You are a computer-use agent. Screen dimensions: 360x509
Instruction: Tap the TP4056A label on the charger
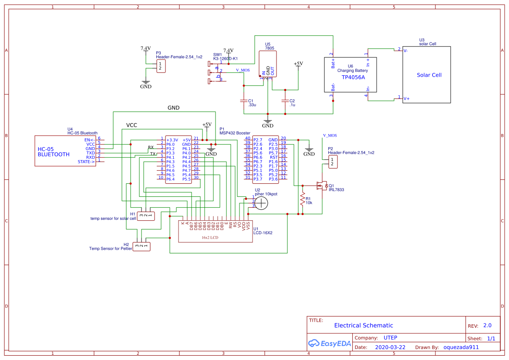pos(353,77)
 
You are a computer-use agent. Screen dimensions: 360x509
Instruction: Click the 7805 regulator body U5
pos(267,64)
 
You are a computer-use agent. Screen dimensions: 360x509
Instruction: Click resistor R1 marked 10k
pos(302,199)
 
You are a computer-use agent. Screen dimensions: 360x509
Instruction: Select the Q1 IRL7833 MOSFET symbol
pos(321,186)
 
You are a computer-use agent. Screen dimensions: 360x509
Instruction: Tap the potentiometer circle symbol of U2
pos(261,203)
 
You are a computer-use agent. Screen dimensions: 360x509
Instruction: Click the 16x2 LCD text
pos(209,238)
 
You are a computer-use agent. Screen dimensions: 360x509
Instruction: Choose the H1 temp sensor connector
pos(146,215)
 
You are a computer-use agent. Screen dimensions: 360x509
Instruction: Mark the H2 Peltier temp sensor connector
pos(142,246)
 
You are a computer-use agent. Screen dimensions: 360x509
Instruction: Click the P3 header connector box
pos(161,66)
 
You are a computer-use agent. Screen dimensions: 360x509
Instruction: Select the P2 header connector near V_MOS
pos(333,162)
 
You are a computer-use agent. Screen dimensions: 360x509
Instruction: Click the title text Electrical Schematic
pos(363,325)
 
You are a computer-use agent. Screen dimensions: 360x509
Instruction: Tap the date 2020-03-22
pos(390,347)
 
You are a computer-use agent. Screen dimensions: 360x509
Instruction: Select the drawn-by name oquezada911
pos(461,347)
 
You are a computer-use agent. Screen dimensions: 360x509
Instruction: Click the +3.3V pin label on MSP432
pos(172,140)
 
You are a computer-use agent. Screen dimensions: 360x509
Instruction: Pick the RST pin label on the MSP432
pos(273,157)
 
